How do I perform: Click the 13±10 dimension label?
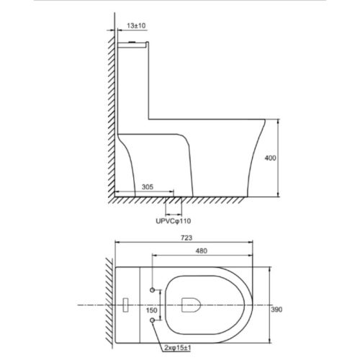[x=136, y=26]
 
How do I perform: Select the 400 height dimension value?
[x=270, y=158]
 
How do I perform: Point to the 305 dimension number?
[x=147, y=186]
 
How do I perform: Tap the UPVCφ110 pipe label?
[x=174, y=221]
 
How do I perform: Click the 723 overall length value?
[x=186, y=238]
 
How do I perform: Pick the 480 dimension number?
[x=201, y=251]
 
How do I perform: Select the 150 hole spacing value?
[x=152, y=310]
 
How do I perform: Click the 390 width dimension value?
[x=276, y=310]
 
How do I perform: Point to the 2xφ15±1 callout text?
[x=178, y=348]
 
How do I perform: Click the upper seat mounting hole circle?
[x=152, y=290]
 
